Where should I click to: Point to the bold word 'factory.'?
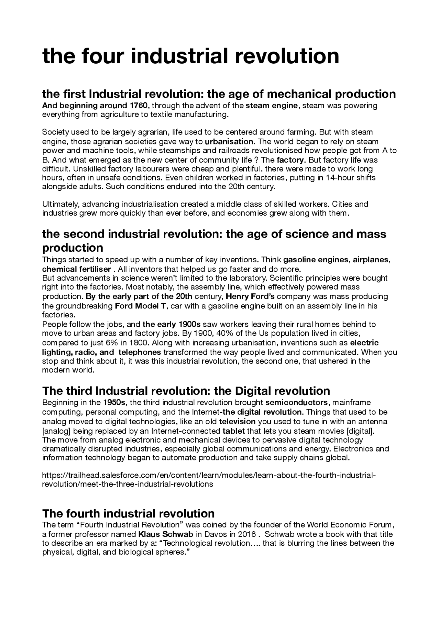pos(291,160)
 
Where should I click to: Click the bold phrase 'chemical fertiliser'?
pos(76,269)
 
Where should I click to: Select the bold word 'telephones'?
pos(140,352)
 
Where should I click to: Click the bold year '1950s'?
pos(115,402)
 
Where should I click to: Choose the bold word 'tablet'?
pos(234,430)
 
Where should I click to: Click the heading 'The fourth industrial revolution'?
pos(128,514)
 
